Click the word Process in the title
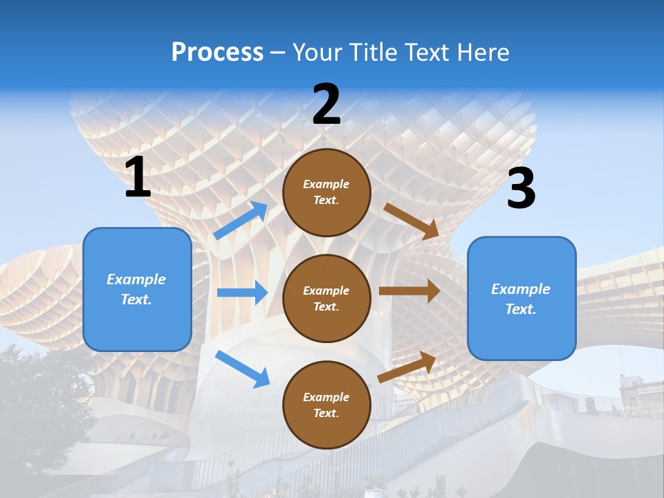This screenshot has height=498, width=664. (x=217, y=53)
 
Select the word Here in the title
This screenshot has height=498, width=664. (x=481, y=53)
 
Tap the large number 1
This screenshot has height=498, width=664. (x=138, y=178)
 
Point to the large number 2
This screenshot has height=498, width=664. (x=326, y=104)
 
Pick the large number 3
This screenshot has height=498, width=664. (x=521, y=189)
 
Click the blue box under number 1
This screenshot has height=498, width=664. (x=137, y=289)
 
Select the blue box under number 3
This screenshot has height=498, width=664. (x=522, y=298)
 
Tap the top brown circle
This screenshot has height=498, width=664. (x=326, y=192)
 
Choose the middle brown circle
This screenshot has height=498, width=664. (x=326, y=298)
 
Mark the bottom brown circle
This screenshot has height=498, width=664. (x=326, y=405)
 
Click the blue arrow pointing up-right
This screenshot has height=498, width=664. (x=241, y=220)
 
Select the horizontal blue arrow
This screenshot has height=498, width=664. (x=241, y=293)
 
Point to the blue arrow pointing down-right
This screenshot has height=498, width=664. (x=242, y=369)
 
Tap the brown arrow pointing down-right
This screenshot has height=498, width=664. (x=411, y=221)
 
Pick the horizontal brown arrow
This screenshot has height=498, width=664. (x=409, y=290)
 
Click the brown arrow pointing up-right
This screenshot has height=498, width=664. (x=407, y=367)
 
